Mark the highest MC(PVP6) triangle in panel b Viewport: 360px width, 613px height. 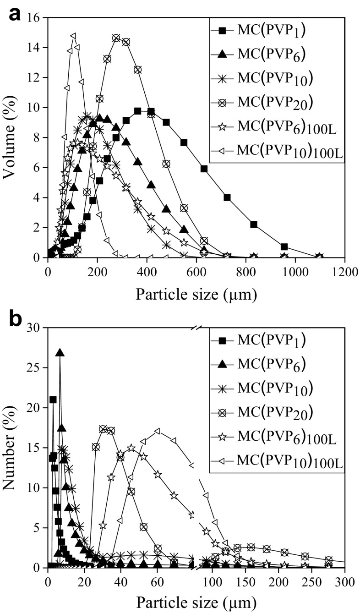coord(60,352)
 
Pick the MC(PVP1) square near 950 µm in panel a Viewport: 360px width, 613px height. coord(284,247)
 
